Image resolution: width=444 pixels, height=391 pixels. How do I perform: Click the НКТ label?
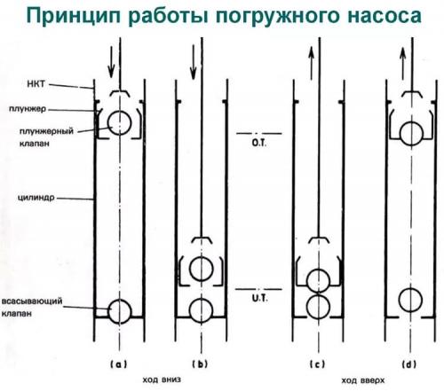[36, 84]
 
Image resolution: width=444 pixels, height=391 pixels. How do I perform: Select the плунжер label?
[28, 109]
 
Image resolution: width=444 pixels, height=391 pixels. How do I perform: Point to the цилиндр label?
[36, 198]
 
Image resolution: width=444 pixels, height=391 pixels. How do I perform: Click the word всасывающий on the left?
[32, 301]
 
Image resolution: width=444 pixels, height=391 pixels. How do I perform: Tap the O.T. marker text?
[259, 144]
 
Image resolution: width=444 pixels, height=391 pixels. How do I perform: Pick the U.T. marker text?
[259, 299]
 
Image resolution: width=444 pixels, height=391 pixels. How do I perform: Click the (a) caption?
[119, 364]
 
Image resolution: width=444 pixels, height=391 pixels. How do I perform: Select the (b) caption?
[200, 364]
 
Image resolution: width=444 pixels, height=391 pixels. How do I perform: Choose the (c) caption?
[317, 364]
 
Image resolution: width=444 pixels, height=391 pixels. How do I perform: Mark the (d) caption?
[409, 364]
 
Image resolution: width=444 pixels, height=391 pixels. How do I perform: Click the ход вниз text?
[162, 379]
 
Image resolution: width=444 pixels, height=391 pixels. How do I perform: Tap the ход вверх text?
[363, 380]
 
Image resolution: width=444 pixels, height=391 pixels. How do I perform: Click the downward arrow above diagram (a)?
[111, 62]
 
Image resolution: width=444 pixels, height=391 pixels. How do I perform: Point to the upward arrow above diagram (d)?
[402, 64]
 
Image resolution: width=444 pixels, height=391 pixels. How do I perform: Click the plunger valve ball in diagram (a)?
[119, 123]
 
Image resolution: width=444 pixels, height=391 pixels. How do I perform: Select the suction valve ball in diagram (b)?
[202, 311]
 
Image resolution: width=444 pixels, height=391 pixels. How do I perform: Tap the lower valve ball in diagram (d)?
[410, 301]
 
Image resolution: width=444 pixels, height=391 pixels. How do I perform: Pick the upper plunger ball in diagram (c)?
[318, 280]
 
